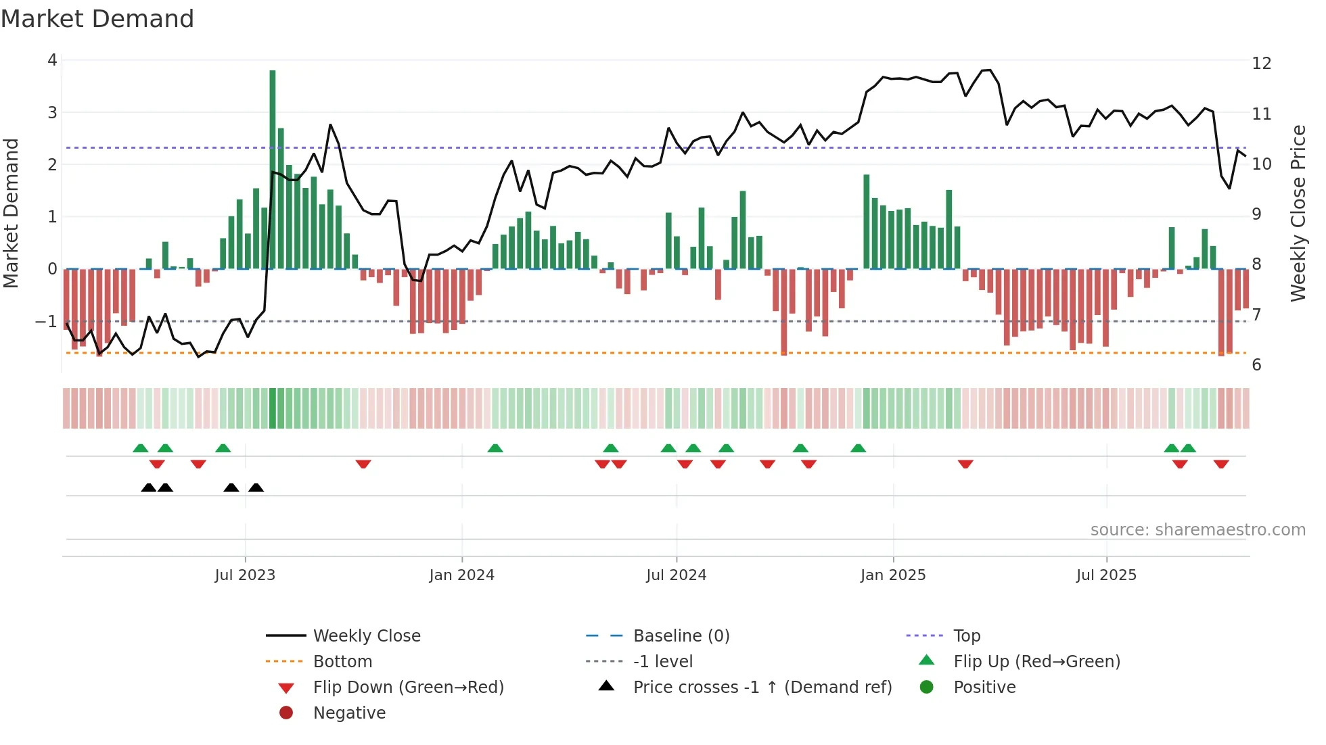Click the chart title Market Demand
tap(97, 19)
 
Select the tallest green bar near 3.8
tap(273, 169)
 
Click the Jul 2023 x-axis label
tap(245, 575)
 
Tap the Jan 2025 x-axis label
tap(893, 575)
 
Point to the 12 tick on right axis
tap(1262, 64)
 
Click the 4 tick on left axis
tap(52, 60)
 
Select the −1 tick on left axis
tap(46, 321)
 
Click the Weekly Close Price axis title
tap(1298, 213)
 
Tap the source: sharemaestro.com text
tap(1197, 530)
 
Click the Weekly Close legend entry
tap(366, 636)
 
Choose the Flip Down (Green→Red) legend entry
tap(408, 688)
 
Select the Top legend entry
tap(967, 636)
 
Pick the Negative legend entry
tap(349, 713)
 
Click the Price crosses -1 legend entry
tap(762, 688)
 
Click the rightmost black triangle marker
tap(256, 488)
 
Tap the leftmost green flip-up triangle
tap(141, 448)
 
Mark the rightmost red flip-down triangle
tap(1221, 464)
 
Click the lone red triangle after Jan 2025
tap(965, 464)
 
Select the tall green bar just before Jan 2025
tap(867, 222)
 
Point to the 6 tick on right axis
tap(1256, 365)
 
